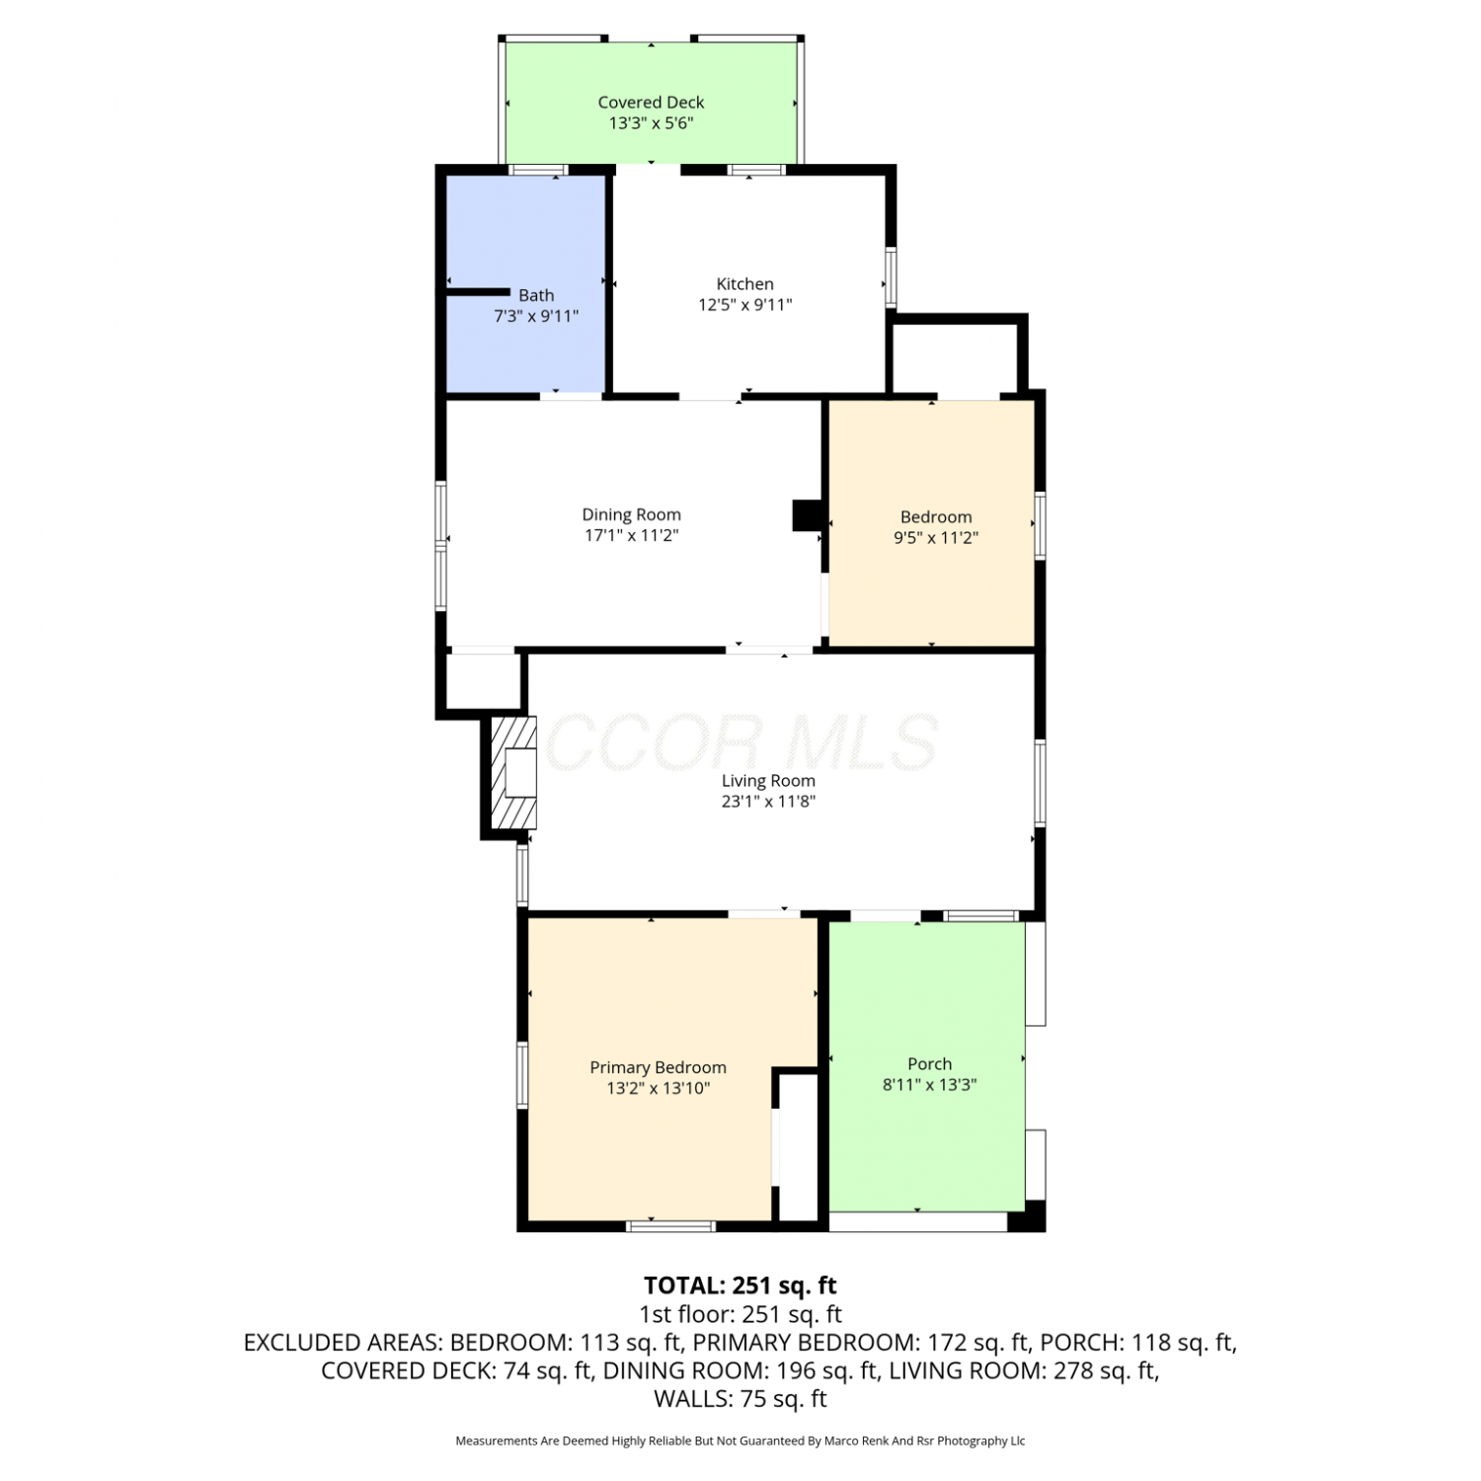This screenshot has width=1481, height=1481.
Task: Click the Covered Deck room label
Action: (651, 102)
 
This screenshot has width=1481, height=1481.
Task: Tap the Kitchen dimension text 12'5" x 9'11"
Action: (745, 305)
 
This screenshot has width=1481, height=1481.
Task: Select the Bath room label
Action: (536, 295)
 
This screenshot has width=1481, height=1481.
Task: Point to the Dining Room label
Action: (631, 514)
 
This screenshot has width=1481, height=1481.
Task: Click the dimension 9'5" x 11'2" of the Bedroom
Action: (936, 538)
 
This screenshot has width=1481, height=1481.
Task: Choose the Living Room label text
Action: (768, 781)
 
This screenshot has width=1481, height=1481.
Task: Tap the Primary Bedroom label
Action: (658, 1067)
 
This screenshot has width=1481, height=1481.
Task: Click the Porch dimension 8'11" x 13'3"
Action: (930, 1085)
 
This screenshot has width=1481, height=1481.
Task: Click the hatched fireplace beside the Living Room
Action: (514, 773)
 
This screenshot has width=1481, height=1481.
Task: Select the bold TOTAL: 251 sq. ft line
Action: (740, 1286)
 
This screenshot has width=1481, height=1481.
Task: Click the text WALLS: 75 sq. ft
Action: (740, 1399)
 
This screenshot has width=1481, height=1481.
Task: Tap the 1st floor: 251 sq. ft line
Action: (740, 1314)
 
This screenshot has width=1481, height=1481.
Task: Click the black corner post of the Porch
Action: (1027, 1216)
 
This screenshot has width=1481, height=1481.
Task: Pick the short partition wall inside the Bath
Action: (477, 291)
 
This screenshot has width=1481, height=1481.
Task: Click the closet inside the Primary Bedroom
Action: (799, 1147)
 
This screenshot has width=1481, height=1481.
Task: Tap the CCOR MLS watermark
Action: (740, 742)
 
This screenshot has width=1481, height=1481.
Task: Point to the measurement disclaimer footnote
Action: (740, 1442)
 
